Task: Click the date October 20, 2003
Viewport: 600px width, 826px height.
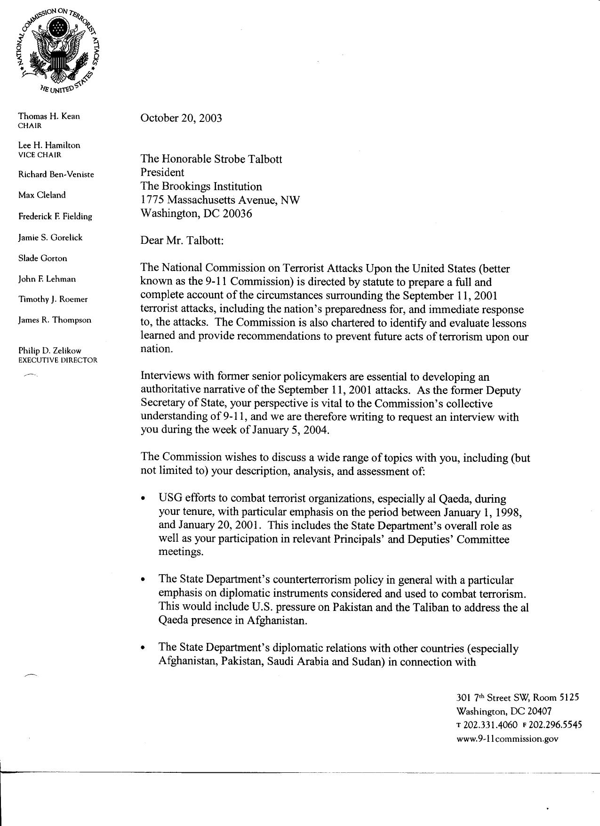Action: point(181,118)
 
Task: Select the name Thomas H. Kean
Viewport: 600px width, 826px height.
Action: point(49,116)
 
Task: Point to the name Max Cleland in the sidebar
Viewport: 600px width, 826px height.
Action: point(42,195)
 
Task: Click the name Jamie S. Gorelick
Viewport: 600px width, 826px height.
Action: point(50,237)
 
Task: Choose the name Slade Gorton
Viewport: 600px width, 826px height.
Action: point(43,258)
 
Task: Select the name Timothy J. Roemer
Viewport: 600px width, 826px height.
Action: point(53,299)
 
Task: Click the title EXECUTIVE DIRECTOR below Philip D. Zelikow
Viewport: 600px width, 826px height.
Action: point(57,360)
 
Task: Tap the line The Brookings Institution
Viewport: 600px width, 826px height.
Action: point(201,186)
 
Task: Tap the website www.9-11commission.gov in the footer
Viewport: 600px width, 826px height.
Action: point(507,739)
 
